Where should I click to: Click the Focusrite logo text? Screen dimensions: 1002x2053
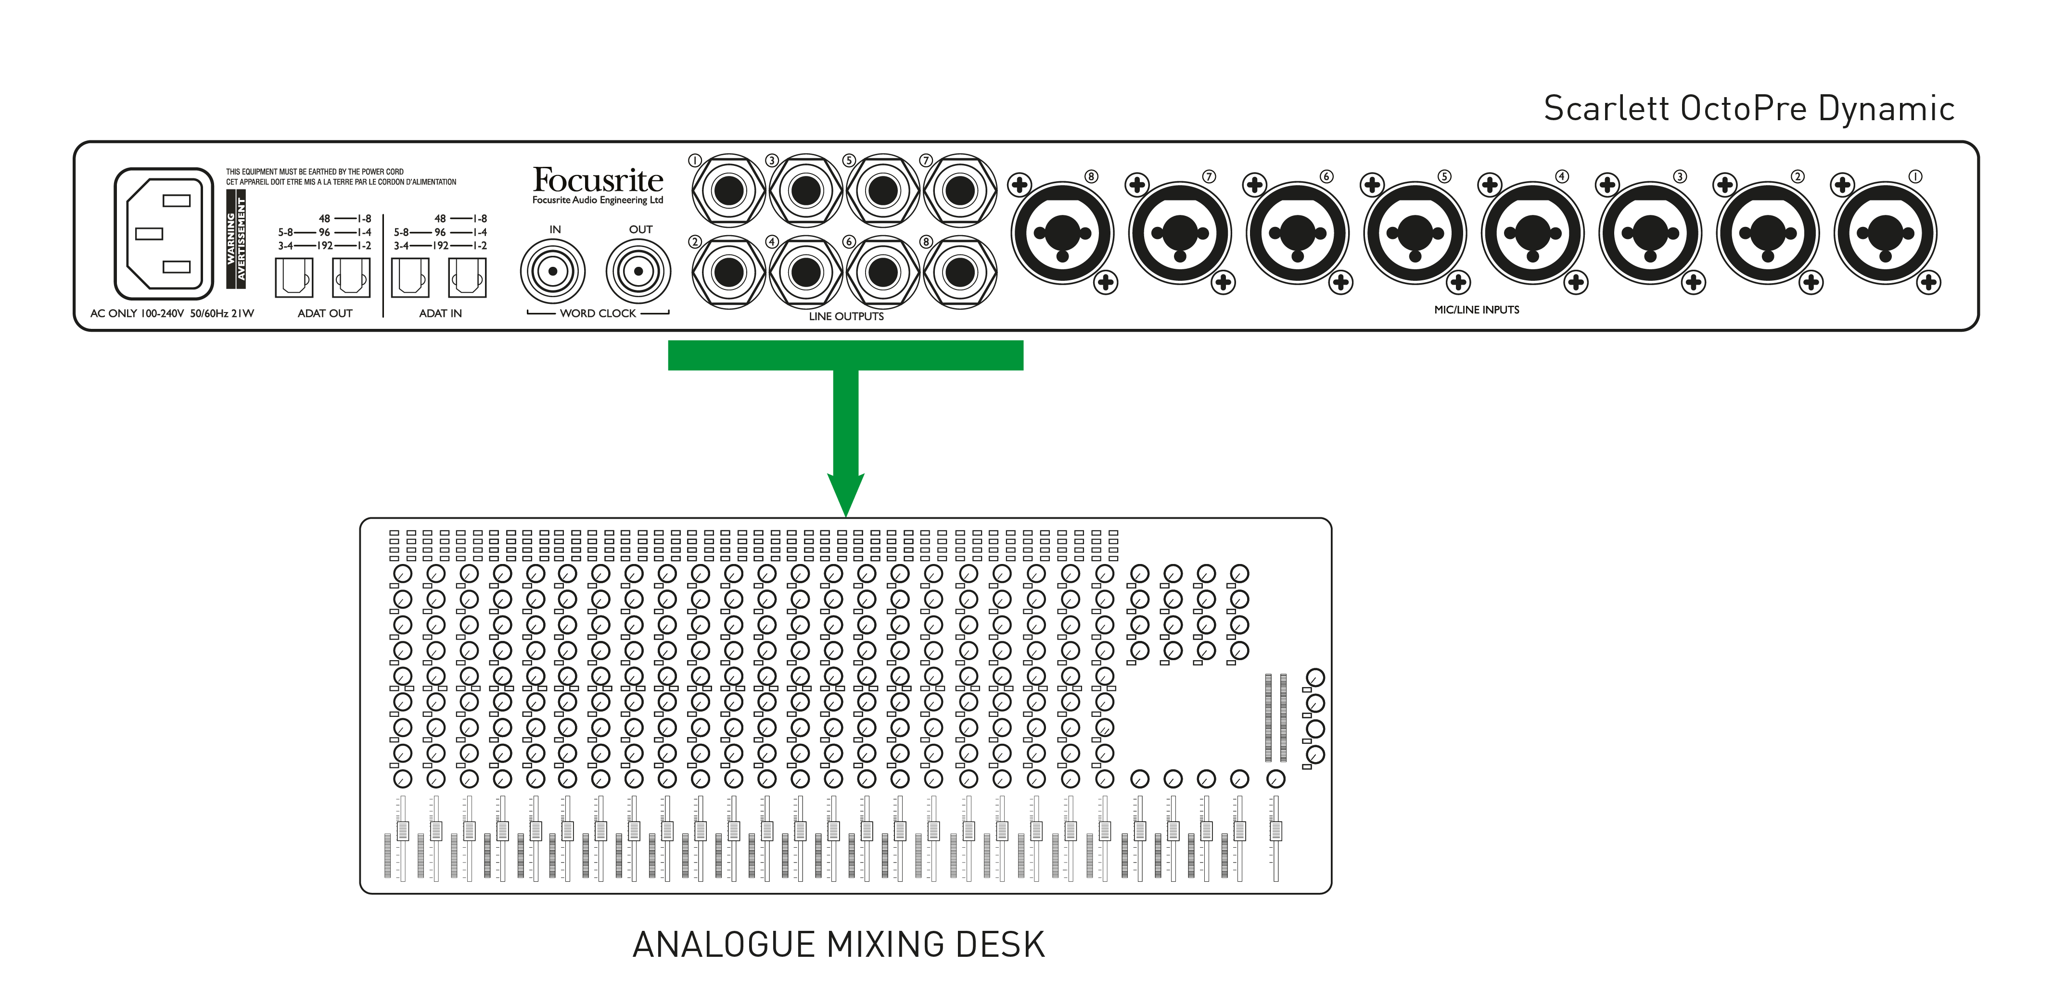click(597, 180)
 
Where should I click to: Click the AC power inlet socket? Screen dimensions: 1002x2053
click(164, 233)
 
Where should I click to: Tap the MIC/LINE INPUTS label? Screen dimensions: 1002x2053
click(1476, 310)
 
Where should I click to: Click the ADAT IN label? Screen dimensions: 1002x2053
click(440, 313)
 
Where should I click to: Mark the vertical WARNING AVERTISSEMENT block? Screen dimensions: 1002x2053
click(236, 239)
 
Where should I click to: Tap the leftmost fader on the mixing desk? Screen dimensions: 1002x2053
click(403, 831)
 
